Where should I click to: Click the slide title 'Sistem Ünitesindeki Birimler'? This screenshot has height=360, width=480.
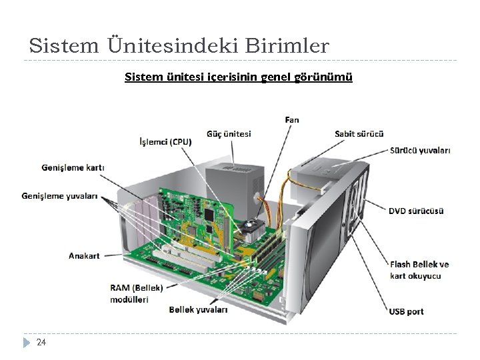(179, 45)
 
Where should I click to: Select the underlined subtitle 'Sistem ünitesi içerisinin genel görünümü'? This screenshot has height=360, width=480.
(239, 77)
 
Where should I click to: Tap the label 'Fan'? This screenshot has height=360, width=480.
(292, 119)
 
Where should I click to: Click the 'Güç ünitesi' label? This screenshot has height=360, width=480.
(229, 133)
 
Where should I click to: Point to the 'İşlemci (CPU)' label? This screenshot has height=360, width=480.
(165, 141)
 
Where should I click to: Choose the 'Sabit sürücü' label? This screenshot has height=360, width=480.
(359, 134)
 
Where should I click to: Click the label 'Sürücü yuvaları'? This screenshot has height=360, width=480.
(419, 151)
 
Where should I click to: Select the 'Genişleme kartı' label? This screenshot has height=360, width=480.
(73, 167)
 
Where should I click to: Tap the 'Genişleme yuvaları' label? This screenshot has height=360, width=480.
(60, 196)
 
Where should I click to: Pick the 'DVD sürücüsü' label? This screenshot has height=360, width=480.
(416, 211)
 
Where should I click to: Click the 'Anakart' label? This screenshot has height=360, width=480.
(84, 255)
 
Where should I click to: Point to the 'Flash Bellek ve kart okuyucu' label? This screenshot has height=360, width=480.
(419, 270)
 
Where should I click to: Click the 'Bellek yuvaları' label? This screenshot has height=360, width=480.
(198, 309)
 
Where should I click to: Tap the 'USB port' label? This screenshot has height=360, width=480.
(406, 311)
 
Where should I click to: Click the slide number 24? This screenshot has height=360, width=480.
(41, 343)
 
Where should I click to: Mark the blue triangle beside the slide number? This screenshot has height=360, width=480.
(27, 343)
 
